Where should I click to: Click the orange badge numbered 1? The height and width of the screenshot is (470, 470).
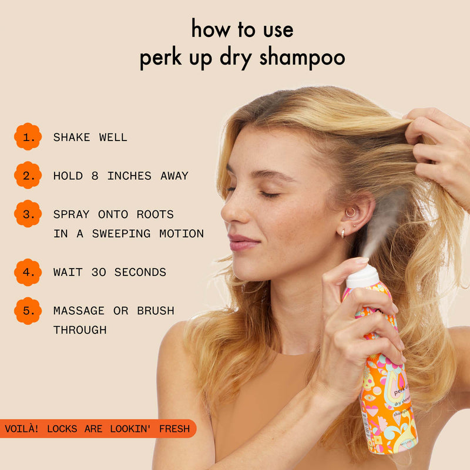pyautogui.click(x=28, y=137)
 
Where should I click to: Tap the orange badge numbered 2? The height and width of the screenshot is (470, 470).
pyautogui.click(x=28, y=176)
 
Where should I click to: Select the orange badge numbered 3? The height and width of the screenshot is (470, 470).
pyautogui.click(x=28, y=214)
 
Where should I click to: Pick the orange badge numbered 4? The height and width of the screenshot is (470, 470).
pyautogui.click(x=28, y=272)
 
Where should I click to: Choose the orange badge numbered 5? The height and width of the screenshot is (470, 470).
pyautogui.click(x=28, y=311)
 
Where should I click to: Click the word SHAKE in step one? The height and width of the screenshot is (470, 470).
pyautogui.click(x=72, y=137)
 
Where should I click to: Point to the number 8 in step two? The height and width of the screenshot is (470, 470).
pyautogui.click(x=95, y=176)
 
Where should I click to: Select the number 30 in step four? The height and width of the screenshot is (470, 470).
pyautogui.click(x=99, y=272)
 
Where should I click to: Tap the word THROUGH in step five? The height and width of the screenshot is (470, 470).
pyautogui.click(x=80, y=330)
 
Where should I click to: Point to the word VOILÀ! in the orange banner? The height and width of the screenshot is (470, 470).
pyautogui.click(x=22, y=429)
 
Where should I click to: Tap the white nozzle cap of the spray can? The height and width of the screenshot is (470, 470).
pyautogui.click(x=362, y=276)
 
